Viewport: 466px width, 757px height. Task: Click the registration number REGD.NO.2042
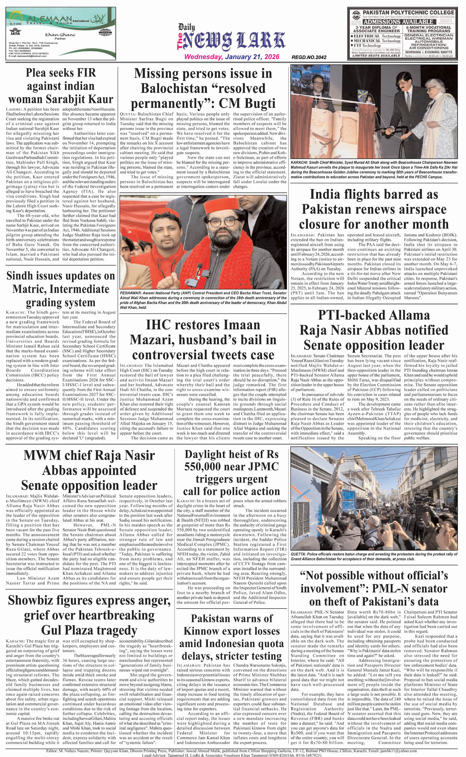[x=309, y=57]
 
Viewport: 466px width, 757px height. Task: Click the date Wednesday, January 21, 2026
[x=232, y=57]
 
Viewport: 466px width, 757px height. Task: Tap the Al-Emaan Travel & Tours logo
[x=40, y=19]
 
